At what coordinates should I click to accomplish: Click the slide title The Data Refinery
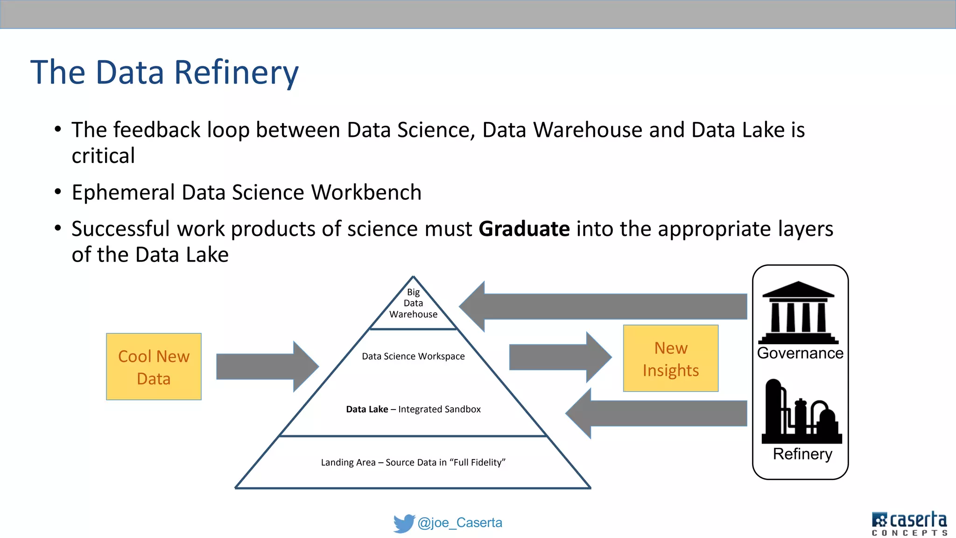164,72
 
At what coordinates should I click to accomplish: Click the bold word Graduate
524,229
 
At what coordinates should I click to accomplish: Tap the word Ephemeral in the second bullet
123,192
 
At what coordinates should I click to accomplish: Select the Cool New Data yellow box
154,367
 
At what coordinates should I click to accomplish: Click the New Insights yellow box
670,358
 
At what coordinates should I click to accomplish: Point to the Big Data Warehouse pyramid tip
413,303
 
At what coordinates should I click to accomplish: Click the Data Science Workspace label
413,356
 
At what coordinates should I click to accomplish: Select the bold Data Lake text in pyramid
367,409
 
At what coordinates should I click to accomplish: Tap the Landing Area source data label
413,462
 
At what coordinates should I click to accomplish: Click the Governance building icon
799,312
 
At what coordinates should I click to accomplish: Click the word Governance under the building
800,353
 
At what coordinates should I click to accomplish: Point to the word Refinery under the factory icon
802,454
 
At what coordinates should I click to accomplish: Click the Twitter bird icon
404,523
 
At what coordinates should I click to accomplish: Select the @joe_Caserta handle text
460,523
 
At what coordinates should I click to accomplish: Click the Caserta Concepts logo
909,523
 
